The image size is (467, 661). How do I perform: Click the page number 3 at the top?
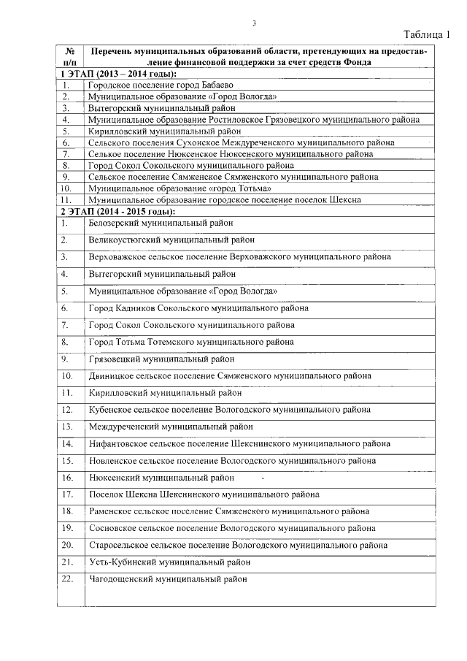[x=253, y=23]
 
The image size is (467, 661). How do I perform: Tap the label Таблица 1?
[x=430, y=34]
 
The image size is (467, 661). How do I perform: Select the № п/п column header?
[x=71, y=57]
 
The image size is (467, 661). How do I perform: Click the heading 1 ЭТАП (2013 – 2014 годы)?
[x=118, y=74]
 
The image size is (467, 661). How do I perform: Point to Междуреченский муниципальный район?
[x=171, y=427]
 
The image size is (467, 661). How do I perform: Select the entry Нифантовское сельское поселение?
[x=239, y=443]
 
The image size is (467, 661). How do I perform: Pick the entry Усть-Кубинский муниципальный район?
[x=169, y=562]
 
